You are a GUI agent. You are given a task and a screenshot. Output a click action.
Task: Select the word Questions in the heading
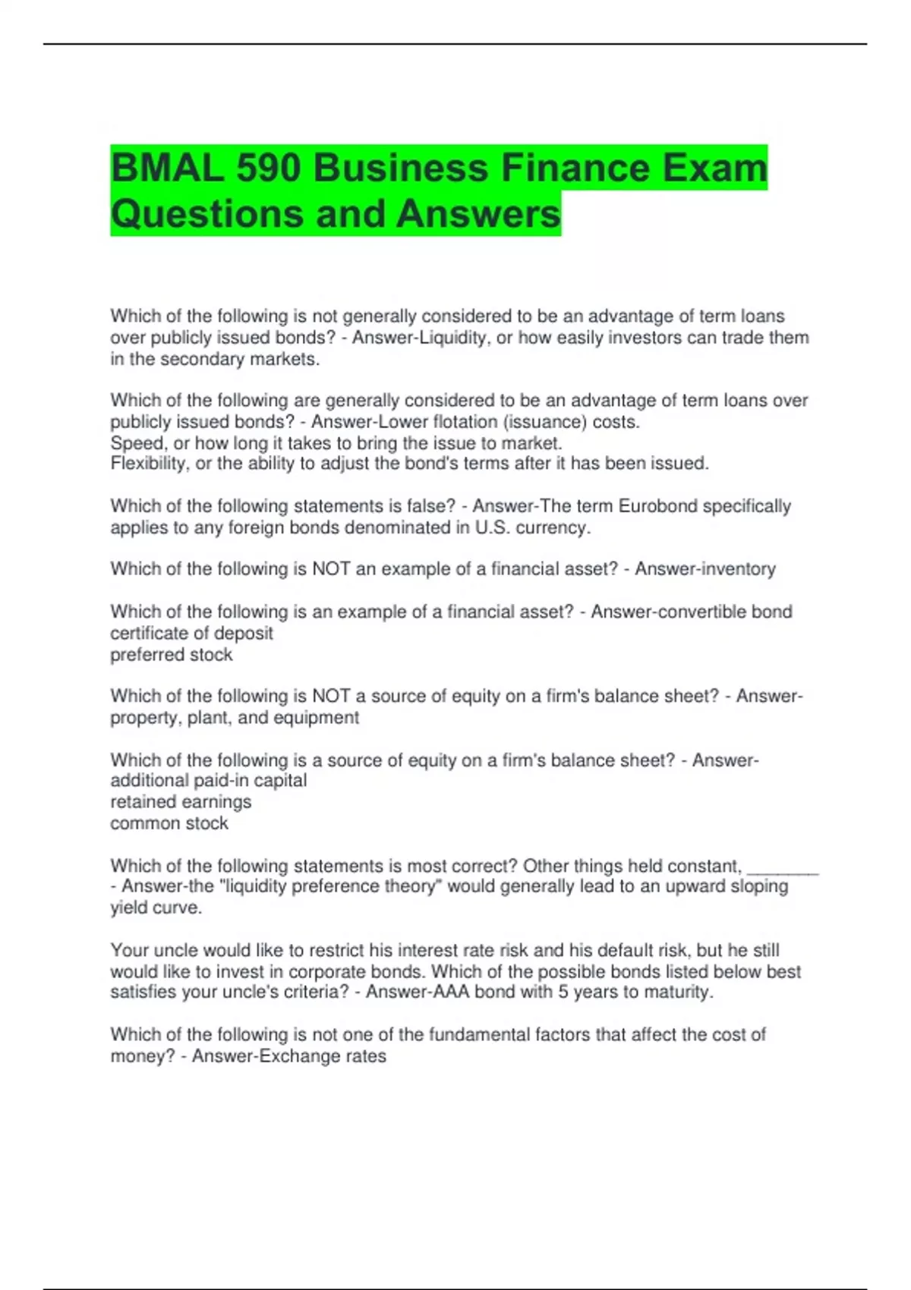206,214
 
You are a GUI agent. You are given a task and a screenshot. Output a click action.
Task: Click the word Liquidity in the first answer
453,338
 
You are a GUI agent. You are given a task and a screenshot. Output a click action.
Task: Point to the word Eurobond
658,506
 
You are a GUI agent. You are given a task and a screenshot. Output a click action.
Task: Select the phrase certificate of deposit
191,633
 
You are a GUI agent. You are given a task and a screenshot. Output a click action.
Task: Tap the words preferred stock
172,654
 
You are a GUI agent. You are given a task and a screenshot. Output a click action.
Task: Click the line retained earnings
181,801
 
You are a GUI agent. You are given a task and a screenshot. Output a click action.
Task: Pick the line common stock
169,823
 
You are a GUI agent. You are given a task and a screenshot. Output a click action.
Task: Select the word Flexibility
148,463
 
